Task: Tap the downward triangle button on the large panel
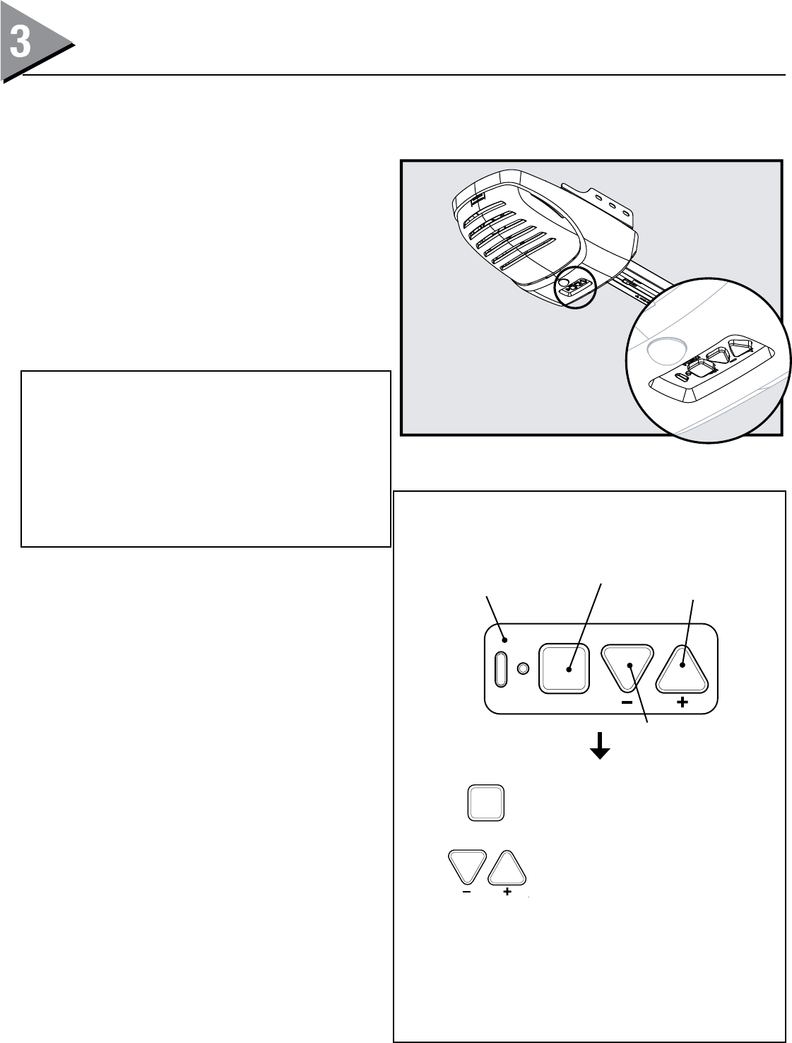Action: tap(627, 664)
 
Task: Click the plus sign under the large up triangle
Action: tap(682, 702)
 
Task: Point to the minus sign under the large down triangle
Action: tap(627, 702)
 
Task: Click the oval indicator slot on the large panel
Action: tap(501, 668)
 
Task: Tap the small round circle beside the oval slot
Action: tap(524, 668)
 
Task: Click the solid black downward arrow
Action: tap(601, 746)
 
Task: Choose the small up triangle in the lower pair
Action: tap(507, 869)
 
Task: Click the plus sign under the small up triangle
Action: tap(507, 893)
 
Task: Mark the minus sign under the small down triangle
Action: tap(466, 893)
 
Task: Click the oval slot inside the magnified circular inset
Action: tap(681, 376)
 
